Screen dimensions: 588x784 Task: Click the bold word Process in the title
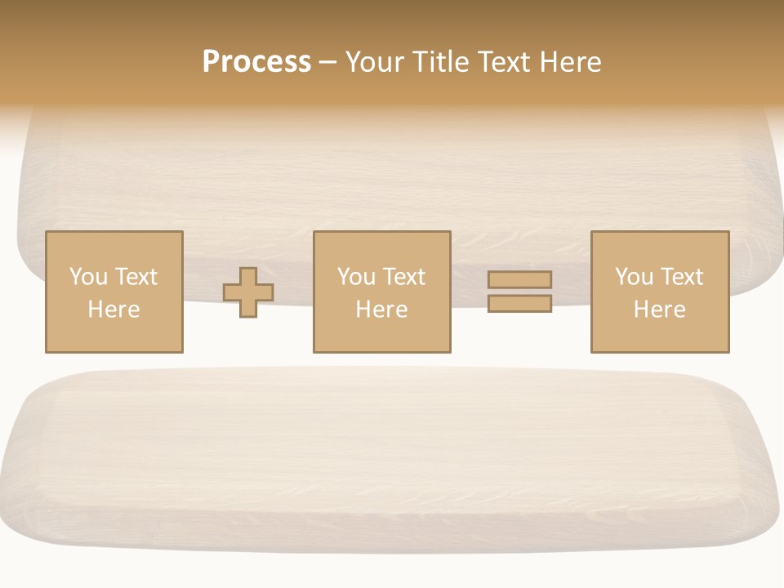256,62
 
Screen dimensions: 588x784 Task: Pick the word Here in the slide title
571,62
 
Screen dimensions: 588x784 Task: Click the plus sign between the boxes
248,292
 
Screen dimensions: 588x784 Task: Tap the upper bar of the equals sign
519,279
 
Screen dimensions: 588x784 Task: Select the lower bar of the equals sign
519,304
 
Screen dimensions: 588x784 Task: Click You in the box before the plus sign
87,277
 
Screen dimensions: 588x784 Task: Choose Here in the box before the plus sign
114,310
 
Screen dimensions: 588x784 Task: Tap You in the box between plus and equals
356,277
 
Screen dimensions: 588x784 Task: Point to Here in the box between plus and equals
381,310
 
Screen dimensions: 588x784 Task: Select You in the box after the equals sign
634,277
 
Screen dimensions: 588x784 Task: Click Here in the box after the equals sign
659,310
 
